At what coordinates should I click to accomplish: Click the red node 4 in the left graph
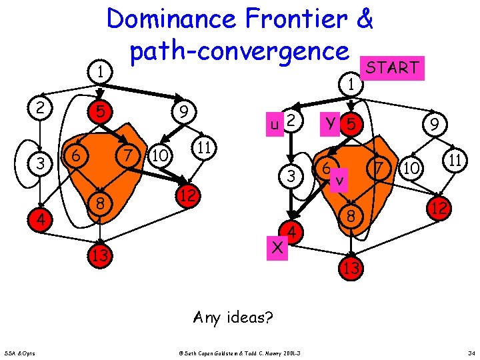[x=42, y=219]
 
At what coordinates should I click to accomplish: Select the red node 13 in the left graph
[x=101, y=255]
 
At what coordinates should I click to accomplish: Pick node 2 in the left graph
[x=42, y=107]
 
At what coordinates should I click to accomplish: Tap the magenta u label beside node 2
[x=273, y=124]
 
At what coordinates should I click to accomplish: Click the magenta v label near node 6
[x=341, y=180]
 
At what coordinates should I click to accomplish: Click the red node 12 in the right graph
[x=439, y=209]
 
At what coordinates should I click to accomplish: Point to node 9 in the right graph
[x=434, y=124]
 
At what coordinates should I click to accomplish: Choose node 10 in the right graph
[x=412, y=168]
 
